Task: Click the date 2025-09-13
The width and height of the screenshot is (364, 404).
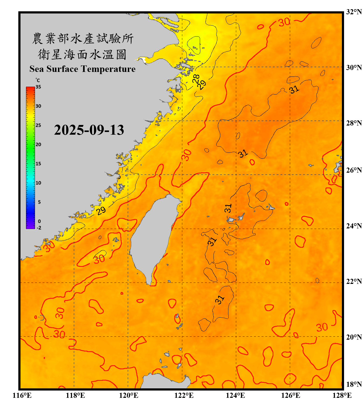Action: [89, 130]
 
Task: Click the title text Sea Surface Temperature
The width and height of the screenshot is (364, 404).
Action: [83, 69]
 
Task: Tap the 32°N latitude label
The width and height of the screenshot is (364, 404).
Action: [354, 12]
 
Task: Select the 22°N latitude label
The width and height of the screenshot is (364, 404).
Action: [354, 281]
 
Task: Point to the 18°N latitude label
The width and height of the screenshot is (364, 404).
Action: [354, 384]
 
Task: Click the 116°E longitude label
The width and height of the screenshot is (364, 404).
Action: [22, 395]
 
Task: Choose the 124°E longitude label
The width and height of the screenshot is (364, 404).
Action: [235, 395]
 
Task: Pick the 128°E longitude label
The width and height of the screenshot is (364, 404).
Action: [342, 395]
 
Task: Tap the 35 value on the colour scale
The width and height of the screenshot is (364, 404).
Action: [38, 87]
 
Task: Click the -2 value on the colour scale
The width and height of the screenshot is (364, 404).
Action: [39, 228]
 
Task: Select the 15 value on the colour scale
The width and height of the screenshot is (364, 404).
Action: [38, 164]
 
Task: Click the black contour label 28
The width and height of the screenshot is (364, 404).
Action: [196, 79]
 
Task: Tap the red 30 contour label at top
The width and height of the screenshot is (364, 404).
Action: [284, 22]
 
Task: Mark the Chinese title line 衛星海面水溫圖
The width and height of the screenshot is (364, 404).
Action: [82, 54]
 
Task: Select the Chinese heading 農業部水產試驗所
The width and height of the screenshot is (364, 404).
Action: [83, 39]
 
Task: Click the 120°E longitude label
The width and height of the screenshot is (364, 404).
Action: [129, 395]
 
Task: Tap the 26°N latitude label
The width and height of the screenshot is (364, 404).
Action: [354, 170]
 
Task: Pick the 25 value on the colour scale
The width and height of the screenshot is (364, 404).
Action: [38, 126]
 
